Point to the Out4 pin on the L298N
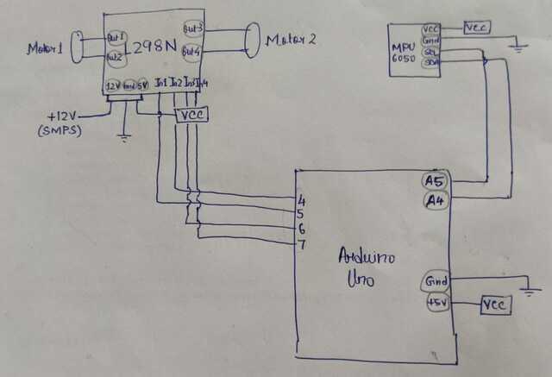click(x=192, y=52)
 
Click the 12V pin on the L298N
click(x=112, y=86)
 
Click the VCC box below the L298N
click(x=190, y=114)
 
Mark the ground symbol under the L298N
click(x=124, y=136)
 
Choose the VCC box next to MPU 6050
click(x=477, y=28)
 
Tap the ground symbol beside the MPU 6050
click(x=518, y=47)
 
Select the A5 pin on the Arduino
click(x=433, y=180)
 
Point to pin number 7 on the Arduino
click(x=301, y=246)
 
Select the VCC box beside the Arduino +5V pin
click(x=495, y=305)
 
